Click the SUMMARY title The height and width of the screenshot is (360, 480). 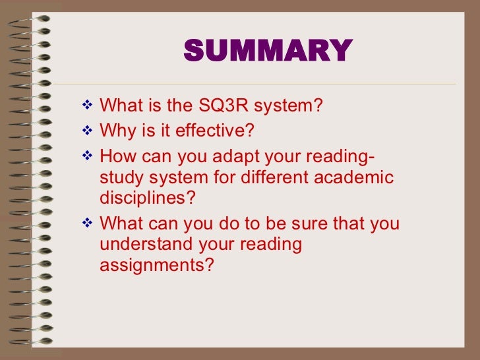[x=268, y=51]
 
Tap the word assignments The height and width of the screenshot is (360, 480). [x=157, y=266]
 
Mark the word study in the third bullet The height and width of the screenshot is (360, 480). [x=120, y=177]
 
